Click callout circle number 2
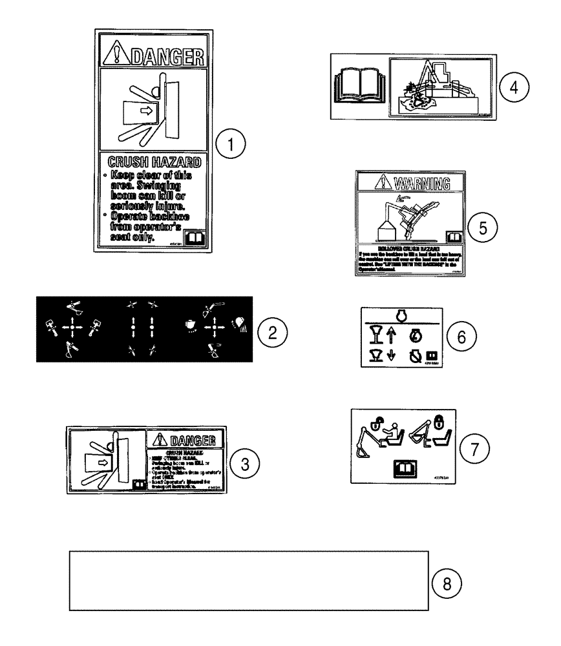pyautogui.click(x=272, y=332)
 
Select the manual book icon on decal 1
pyautogui.click(x=193, y=240)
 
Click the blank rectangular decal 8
pyautogui.click(x=249, y=580)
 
